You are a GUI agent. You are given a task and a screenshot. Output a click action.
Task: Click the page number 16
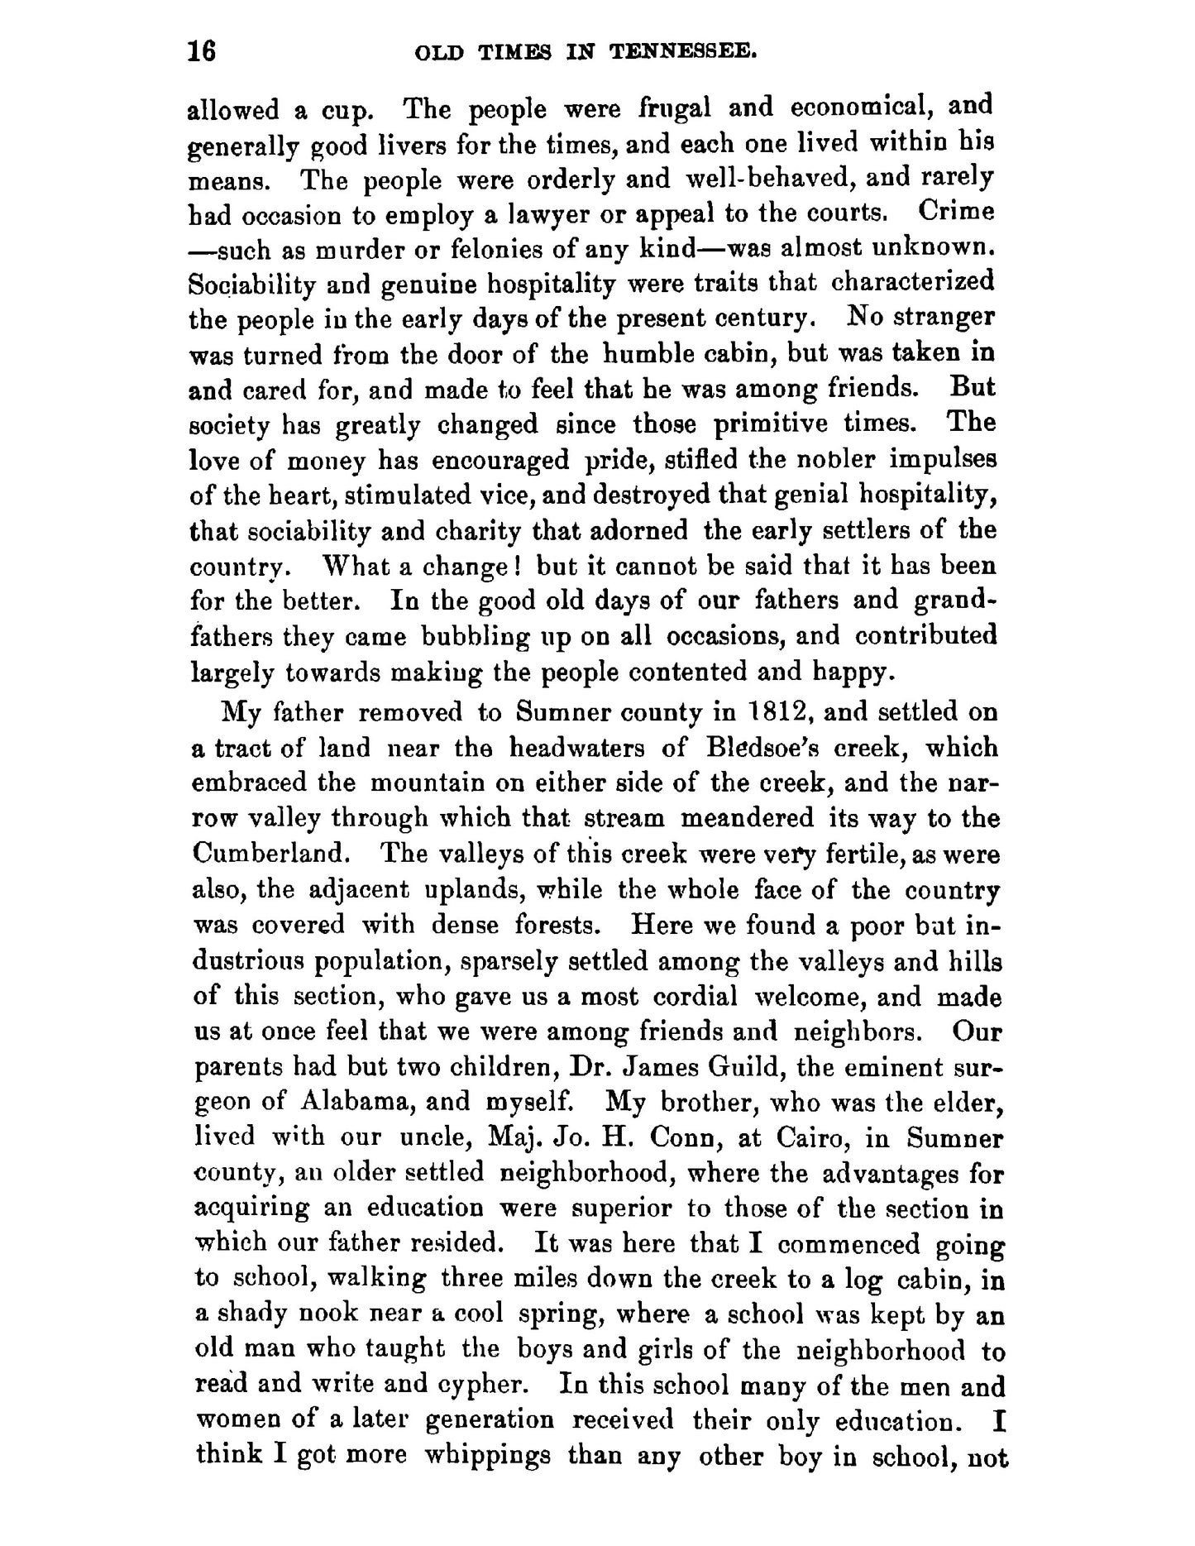[202, 52]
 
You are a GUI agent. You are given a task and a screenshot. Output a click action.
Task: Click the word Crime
[956, 213]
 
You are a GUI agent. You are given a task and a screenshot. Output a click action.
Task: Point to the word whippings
[486, 1456]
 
